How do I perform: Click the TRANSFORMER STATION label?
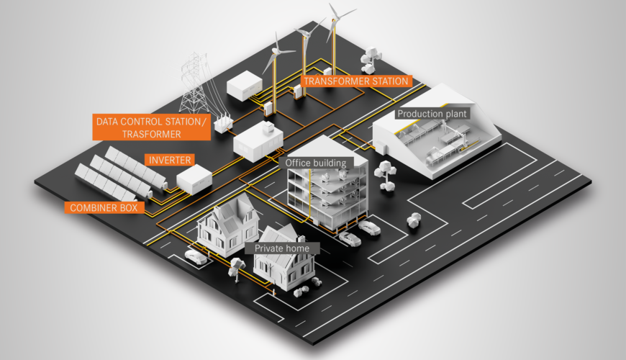[x=357, y=81]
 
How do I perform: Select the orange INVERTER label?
[x=169, y=159]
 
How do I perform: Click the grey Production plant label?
[x=432, y=114]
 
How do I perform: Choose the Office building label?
[x=317, y=163]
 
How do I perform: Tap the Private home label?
[x=282, y=248]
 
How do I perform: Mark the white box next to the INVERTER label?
[x=195, y=177]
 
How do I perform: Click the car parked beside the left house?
[x=195, y=256]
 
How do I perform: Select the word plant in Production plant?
[x=454, y=114]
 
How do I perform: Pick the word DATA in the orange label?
[x=112, y=120]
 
